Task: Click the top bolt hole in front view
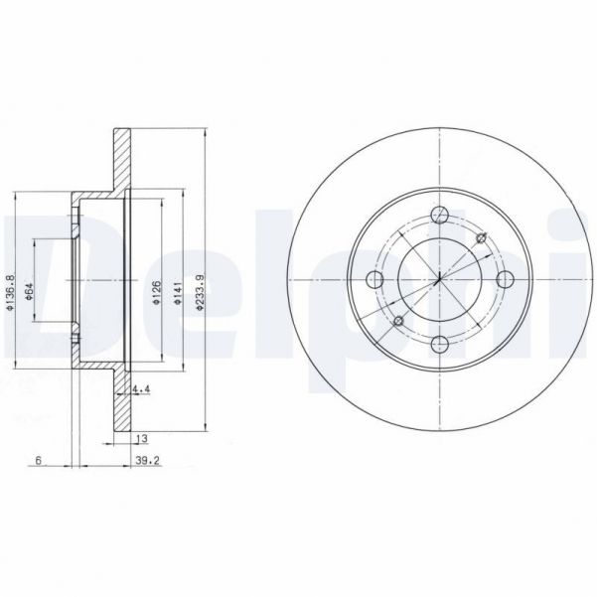click(x=438, y=213)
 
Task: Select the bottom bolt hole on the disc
click(x=438, y=344)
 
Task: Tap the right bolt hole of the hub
click(x=504, y=278)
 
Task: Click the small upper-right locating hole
click(x=482, y=236)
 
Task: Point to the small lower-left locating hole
click(x=396, y=321)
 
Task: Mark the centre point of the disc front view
click(x=438, y=278)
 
